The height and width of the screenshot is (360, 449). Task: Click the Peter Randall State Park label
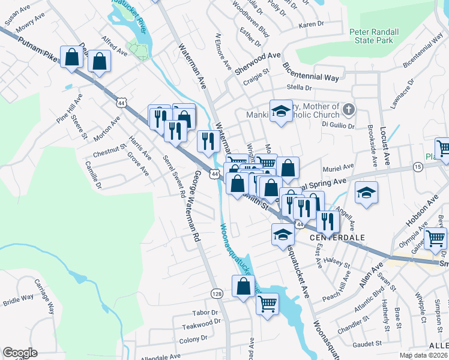(x=371, y=35)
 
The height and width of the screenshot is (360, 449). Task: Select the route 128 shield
(x=217, y=293)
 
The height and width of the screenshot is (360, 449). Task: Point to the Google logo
(x=20, y=353)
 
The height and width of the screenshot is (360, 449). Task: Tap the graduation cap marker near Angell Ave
(x=366, y=193)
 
